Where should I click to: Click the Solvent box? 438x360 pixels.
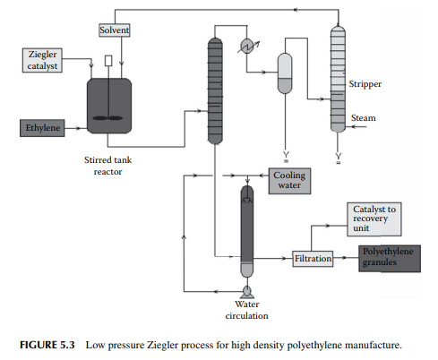tap(115, 30)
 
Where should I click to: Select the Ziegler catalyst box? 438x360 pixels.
tap(42, 60)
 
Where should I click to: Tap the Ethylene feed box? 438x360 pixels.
tap(42, 128)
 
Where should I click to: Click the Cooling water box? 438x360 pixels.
tap(289, 181)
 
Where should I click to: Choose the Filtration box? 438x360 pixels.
tap(313, 259)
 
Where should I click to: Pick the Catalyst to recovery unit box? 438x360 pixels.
tap(374, 219)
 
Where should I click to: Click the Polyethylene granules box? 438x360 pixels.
tap(390, 259)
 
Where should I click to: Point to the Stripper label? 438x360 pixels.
tap(365, 84)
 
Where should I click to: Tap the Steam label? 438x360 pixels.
tap(364, 118)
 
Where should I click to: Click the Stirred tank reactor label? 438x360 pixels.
tap(107, 166)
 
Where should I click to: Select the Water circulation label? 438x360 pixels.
tap(247, 310)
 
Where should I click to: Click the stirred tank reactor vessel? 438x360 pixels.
tap(109, 106)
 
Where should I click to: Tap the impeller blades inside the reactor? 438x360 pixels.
tap(107, 118)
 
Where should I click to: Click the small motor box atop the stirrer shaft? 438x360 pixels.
tap(108, 61)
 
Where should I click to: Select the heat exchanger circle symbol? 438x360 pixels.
tap(247, 47)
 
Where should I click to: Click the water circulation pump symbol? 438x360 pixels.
tap(247, 292)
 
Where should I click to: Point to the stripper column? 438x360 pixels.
tap(338, 79)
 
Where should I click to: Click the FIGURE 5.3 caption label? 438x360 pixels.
tap(47, 345)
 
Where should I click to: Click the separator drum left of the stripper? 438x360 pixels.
tap(285, 73)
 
